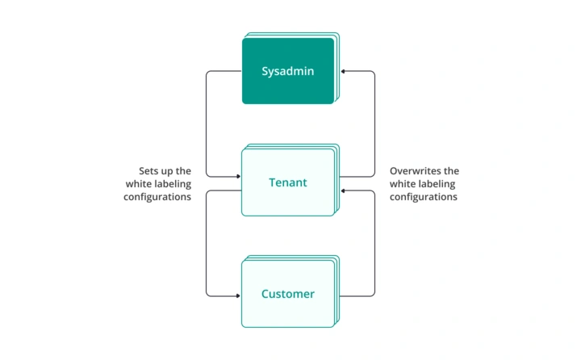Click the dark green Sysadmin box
288,71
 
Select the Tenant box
288,182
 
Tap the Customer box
288,294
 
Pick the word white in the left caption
139,184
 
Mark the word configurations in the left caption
157,197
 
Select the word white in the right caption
403,184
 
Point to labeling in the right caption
438,184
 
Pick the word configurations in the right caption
424,197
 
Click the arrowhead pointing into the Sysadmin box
343,71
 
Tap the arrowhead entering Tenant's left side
238,176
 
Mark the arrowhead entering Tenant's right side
343,191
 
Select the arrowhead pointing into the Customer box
238,295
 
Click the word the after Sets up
184,171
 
